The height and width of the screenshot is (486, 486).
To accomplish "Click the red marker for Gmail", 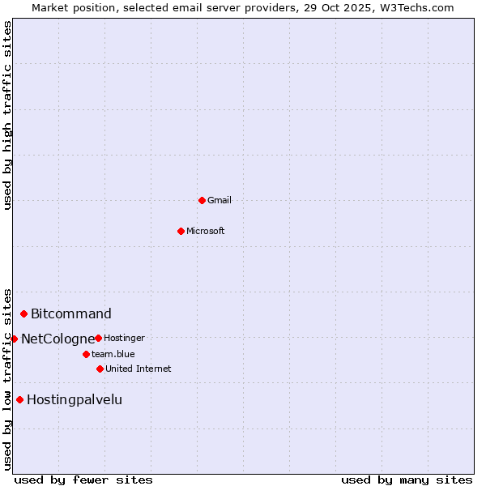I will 202,200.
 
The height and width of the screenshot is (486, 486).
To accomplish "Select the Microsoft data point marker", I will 181,231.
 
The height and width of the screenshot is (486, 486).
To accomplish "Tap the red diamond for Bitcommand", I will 24,313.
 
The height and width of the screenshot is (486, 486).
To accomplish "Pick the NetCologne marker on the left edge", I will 14,339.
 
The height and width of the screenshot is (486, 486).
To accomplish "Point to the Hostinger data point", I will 98,338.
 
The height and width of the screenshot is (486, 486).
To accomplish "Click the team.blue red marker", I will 86,354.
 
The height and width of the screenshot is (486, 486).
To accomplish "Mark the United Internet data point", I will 100,369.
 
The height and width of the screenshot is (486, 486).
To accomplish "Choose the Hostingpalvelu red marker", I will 19,399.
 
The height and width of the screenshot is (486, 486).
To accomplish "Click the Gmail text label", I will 220,200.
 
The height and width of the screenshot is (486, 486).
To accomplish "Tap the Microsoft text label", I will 206,231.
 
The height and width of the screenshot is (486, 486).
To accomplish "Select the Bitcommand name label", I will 71,313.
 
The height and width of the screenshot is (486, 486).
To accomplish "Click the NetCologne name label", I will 58,339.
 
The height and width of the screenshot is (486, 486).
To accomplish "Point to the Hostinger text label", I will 125,338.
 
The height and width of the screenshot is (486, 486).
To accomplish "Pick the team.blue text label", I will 113,354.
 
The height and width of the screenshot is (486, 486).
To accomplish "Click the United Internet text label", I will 139,369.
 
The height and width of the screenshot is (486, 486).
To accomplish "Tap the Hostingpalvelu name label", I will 75,399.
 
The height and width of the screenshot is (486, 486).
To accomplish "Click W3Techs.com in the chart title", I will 417,7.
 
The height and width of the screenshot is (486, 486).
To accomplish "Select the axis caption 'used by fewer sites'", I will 83,480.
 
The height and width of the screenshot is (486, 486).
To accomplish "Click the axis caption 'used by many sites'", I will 407,480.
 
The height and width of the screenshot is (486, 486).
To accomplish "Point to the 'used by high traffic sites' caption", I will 7,115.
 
